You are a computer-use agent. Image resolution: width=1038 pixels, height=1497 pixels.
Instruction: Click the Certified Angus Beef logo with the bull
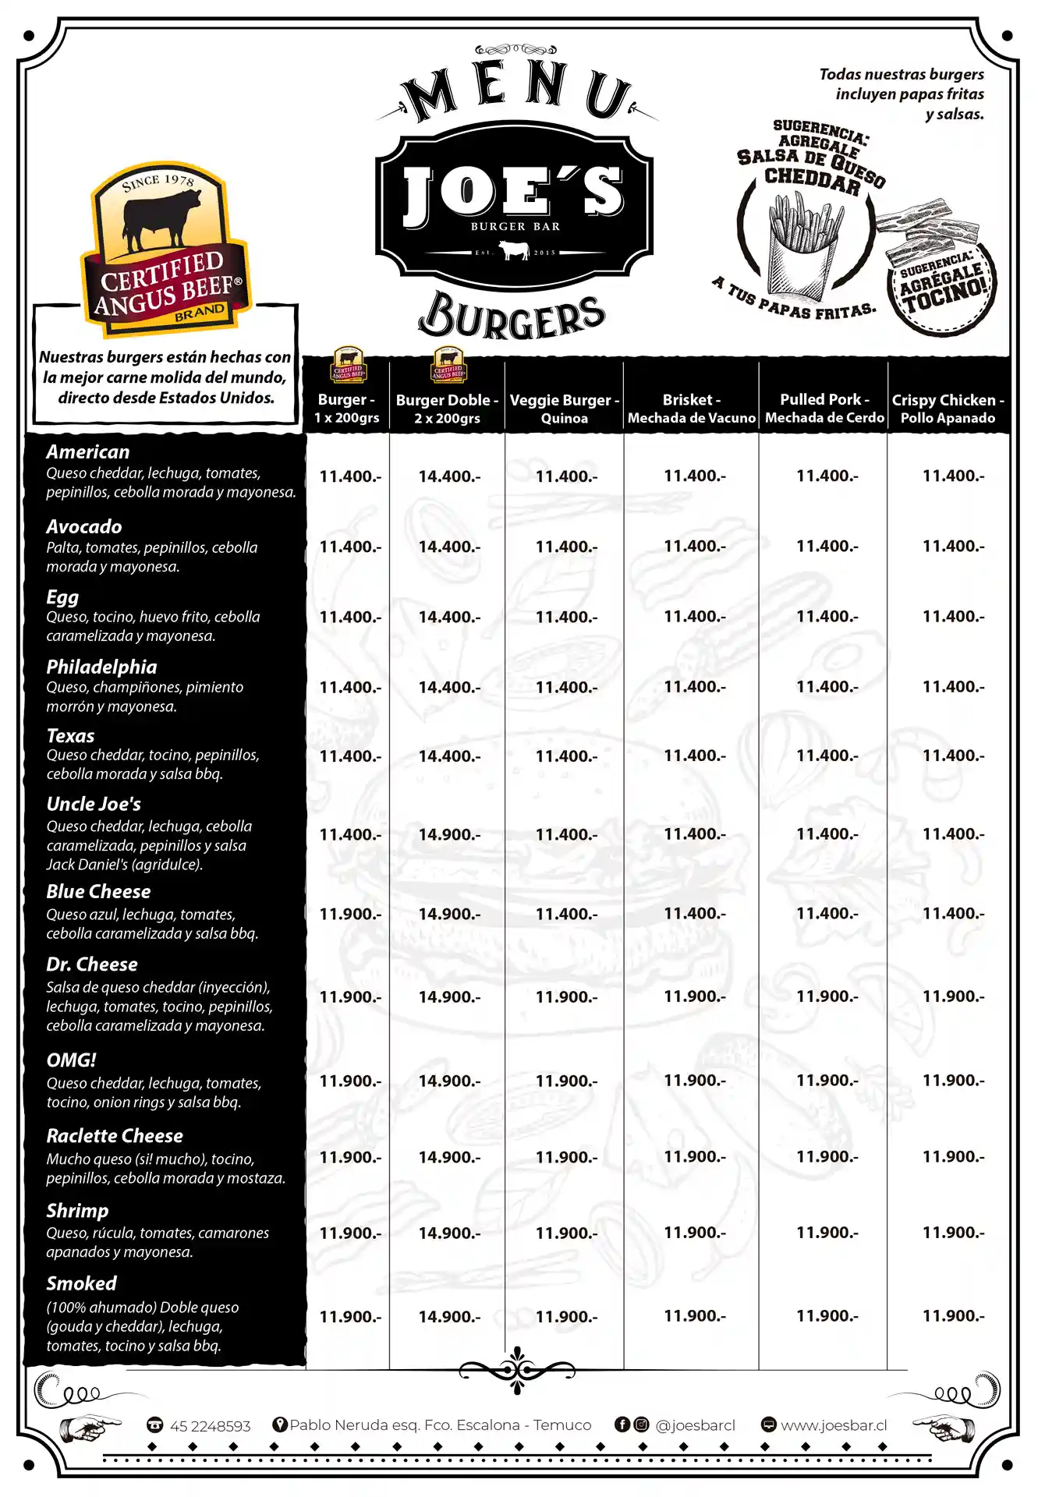pos(165,249)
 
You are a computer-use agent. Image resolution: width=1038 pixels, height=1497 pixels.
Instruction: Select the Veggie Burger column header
pos(564,409)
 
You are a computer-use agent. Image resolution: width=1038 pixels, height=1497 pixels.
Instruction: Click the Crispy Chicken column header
pos(948,409)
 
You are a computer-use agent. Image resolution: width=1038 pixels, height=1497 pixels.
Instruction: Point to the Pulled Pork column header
pos(824,409)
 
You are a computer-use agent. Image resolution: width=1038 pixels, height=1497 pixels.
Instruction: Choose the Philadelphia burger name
pos(101,667)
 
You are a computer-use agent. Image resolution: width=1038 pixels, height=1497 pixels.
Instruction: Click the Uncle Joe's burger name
pos(94,804)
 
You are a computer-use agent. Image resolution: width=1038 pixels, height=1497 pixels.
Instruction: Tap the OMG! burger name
pos(71,1060)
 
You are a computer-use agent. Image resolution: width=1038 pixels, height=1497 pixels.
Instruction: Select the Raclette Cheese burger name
pos(115,1135)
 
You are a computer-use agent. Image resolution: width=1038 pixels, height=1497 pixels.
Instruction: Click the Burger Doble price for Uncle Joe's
pos(449,834)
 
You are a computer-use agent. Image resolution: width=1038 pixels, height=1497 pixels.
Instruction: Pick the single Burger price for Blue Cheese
pos(350,914)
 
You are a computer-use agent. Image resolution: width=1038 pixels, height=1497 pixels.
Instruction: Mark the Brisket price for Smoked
pos(694,1316)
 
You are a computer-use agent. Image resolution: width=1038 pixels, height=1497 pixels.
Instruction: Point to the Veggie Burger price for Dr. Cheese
pos(566,996)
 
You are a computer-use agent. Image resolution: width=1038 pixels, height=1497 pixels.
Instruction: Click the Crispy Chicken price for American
pos(953,476)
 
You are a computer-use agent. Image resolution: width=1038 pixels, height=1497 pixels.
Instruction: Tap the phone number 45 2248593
pos(210,1426)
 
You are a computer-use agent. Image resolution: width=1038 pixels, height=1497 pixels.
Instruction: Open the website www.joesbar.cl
pos(834,1425)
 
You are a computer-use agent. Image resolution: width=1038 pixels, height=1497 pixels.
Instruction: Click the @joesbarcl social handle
pos(695,1425)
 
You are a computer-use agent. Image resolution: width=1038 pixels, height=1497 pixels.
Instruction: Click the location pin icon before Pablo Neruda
pos(279,1424)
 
